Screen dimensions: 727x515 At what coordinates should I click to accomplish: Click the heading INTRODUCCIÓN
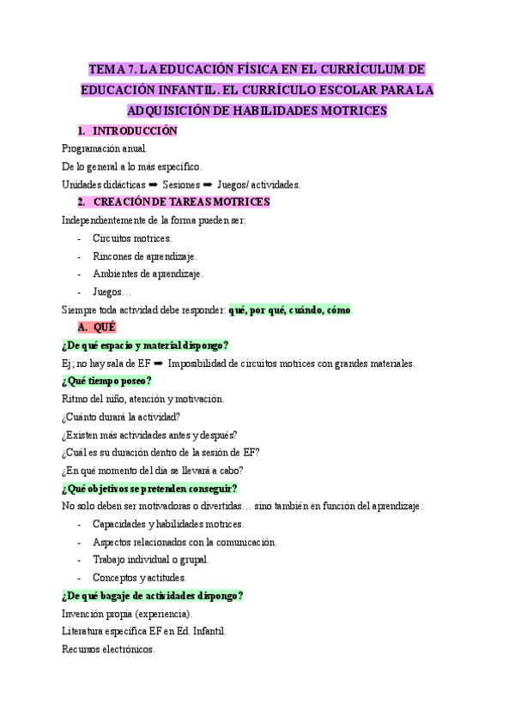pos(135,131)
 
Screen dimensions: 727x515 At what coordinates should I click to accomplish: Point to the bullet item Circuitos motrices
pos(132,238)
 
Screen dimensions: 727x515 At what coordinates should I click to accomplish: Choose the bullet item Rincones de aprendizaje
pos(144,256)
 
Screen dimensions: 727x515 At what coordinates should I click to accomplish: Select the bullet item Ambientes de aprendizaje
pos(148,274)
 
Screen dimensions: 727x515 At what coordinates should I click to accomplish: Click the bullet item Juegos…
pos(112,292)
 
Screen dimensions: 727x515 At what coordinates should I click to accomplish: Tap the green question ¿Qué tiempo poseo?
pos(107,381)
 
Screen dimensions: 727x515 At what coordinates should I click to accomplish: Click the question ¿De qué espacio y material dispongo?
pos(145,345)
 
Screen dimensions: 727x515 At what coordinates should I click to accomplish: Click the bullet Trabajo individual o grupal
pos(150,560)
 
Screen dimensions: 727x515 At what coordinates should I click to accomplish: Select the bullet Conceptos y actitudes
pos(139,578)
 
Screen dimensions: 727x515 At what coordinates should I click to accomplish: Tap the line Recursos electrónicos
pos(109,649)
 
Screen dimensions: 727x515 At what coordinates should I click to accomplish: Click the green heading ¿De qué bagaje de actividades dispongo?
pos(153,596)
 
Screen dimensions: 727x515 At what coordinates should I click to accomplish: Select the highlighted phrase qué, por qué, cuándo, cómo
pos(290,310)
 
